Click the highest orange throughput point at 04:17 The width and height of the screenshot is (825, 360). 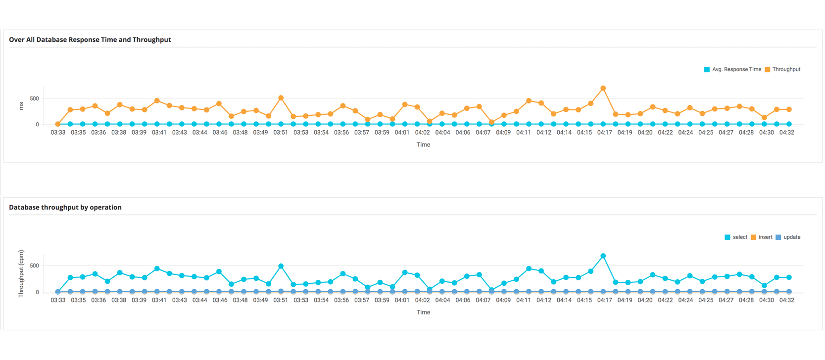tap(603, 88)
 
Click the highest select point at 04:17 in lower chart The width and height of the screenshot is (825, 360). tap(603, 256)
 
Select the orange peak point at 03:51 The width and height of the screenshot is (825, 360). tap(281, 98)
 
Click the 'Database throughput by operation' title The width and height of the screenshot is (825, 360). tap(65, 207)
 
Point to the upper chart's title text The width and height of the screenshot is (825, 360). tap(90, 40)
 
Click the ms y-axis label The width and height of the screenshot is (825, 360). tap(21, 106)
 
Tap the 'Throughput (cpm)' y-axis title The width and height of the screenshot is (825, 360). tap(21, 273)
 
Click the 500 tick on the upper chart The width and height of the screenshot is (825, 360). tap(34, 99)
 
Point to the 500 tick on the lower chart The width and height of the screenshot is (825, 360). tap(34, 266)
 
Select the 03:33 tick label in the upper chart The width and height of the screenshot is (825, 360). tap(58, 133)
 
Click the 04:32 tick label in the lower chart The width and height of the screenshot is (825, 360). tap(786, 300)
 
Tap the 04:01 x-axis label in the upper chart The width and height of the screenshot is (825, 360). tap(402, 133)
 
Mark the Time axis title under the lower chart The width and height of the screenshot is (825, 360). tap(423, 312)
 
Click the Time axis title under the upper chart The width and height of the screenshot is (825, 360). tap(423, 145)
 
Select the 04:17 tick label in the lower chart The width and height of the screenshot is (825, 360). tap(604, 300)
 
